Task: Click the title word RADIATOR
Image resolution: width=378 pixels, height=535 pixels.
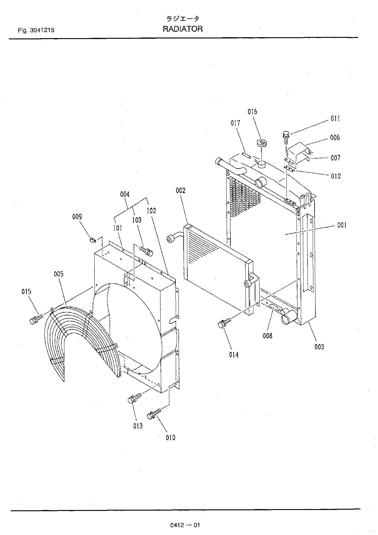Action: [x=182, y=29]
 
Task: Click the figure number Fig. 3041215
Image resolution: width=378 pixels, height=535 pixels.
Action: [x=36, y=30]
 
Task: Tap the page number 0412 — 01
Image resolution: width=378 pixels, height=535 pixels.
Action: [x=185, y=525]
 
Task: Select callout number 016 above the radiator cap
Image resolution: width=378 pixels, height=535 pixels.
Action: [x=252, y=112]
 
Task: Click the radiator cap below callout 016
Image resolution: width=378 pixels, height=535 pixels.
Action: [x=261, y=143]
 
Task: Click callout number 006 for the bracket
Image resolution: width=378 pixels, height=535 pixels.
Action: [x=335, y=138]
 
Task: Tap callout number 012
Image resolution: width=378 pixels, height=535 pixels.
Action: [x=335, y=176]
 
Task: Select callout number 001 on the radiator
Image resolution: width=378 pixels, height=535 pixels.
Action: [x=342, y=225]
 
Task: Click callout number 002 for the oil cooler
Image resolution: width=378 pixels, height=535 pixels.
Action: [x=181, y=191]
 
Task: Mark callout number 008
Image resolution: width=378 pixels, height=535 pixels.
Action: [x=267, y=336]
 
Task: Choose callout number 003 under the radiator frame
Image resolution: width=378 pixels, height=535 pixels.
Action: [x=319, y=346]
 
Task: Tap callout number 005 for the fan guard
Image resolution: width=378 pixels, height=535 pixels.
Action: [x=59, y=274]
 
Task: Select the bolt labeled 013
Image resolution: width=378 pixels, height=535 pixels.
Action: [x=133, y=398]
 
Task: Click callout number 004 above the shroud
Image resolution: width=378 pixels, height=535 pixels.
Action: [x=125, y=194]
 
